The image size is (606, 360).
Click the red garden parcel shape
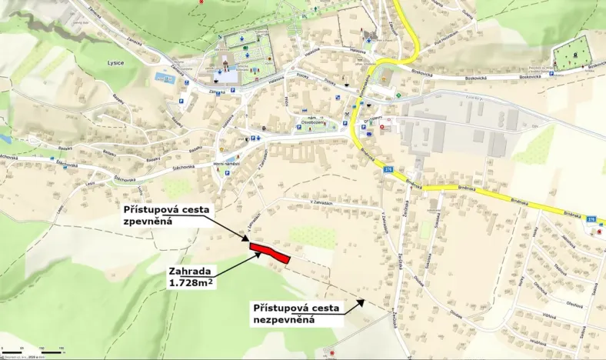point(269,252)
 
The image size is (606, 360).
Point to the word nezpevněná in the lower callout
point(285,319)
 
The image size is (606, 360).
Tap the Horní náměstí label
point(227,163)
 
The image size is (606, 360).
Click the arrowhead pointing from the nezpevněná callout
point(361,302)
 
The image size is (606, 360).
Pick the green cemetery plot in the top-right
point(572,54)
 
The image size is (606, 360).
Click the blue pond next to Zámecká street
point(165,77)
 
